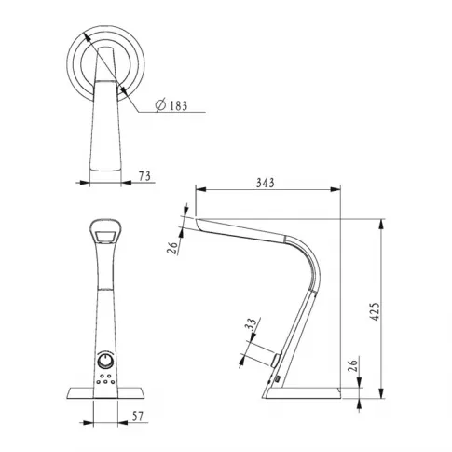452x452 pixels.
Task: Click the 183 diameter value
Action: coord(179,105)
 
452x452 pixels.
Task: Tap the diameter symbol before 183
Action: coord(160,105)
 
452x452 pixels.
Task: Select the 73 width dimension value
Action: coord(144,176)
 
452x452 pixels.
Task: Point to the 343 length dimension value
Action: coord(266,183)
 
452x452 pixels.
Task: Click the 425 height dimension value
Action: coord(376,311)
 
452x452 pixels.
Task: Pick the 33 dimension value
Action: coord(253,324)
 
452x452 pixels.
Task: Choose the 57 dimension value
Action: coord(138,417)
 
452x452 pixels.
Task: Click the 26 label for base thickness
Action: coord(353,365)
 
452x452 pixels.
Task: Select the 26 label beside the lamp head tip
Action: coord(173,247)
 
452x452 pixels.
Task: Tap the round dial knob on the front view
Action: coord(105,362)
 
